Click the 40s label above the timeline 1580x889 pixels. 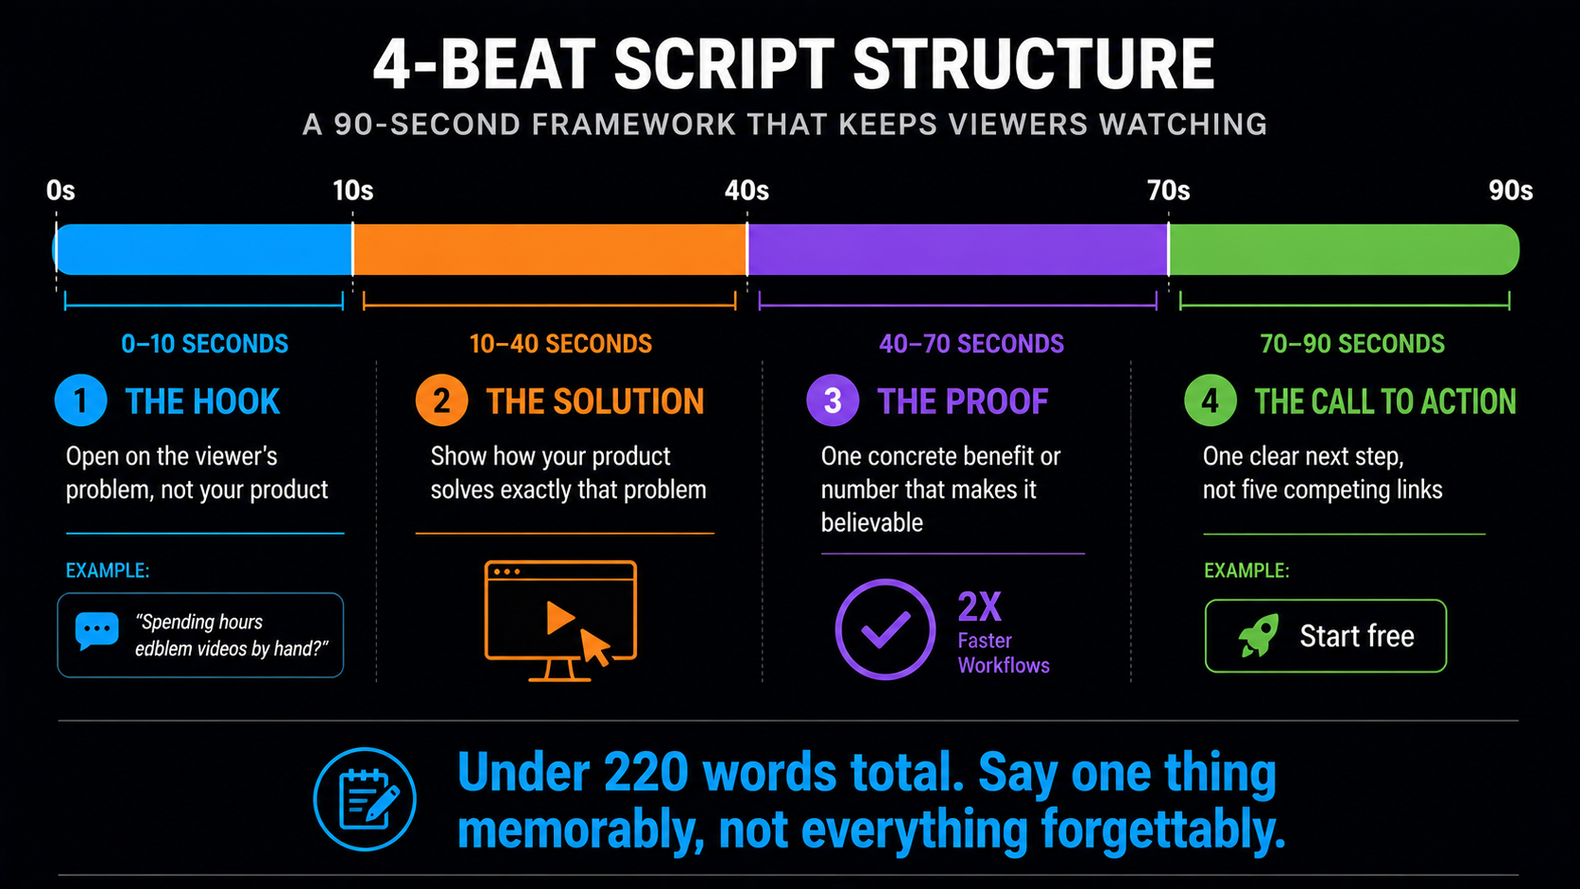pyautogui.click(x=747, y=190)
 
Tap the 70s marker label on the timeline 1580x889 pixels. pyautogui.click(x=1168, y=190)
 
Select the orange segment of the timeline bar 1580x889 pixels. pyautogui.click(x=549, y=249)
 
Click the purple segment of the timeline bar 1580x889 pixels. pyautogui.click(x=957, y=249)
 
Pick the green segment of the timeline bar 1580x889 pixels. pyautogui.click(x=1344, y=249)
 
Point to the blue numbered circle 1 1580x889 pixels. pyautogui.click(x=80, y=401)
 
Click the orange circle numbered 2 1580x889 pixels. pyautogui.click(x=441, y=401)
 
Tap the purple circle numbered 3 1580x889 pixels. pyautogui.click(x=833, y=401)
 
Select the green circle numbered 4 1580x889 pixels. pyautogui.click(x=1211, y=401)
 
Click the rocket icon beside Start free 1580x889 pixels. pyautogui.click(x=1259, y=635)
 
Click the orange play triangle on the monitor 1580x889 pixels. pyautogui.click(x=560, y=618)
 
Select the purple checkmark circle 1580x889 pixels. pyautogui.click(x=885, y=629)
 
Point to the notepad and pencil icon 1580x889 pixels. pyautogui.click(x=365, y=798)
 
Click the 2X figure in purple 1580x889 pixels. pyautogui.click(x=980, y=607)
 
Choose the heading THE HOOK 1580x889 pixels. pyautogui.click(x=202, y=402)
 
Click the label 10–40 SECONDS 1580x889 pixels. pyautogui.click(x=560, y=344)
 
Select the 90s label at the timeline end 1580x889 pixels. pyautogui.click(x=1511, y=190)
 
